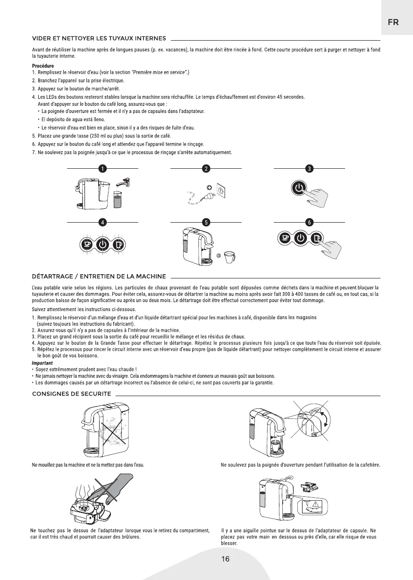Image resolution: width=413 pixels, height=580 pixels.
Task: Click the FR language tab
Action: point(393,22)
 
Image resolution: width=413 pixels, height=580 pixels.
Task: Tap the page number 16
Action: point(226,559)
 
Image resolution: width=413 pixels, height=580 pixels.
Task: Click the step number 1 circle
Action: point(102,168)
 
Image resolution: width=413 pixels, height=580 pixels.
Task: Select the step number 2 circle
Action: point(206,168)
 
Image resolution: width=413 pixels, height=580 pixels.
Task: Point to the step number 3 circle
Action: point(309,168)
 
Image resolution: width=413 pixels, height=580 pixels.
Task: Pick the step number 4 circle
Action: point(102,222)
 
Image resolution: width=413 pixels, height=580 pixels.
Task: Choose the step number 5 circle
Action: point(206,222)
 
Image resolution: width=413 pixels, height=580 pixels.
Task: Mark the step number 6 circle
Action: point(309,222)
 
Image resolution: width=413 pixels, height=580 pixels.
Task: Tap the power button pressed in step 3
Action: point(299,190)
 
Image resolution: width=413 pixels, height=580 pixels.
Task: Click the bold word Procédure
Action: point(43,66)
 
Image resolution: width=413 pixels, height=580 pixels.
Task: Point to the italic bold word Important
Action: point(42,363)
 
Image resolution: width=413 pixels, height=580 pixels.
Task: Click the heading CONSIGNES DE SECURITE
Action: point(71,393)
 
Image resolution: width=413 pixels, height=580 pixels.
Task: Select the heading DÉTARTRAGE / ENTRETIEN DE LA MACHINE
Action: point(99,276)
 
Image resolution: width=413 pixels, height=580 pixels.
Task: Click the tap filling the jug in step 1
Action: point(124,182)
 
